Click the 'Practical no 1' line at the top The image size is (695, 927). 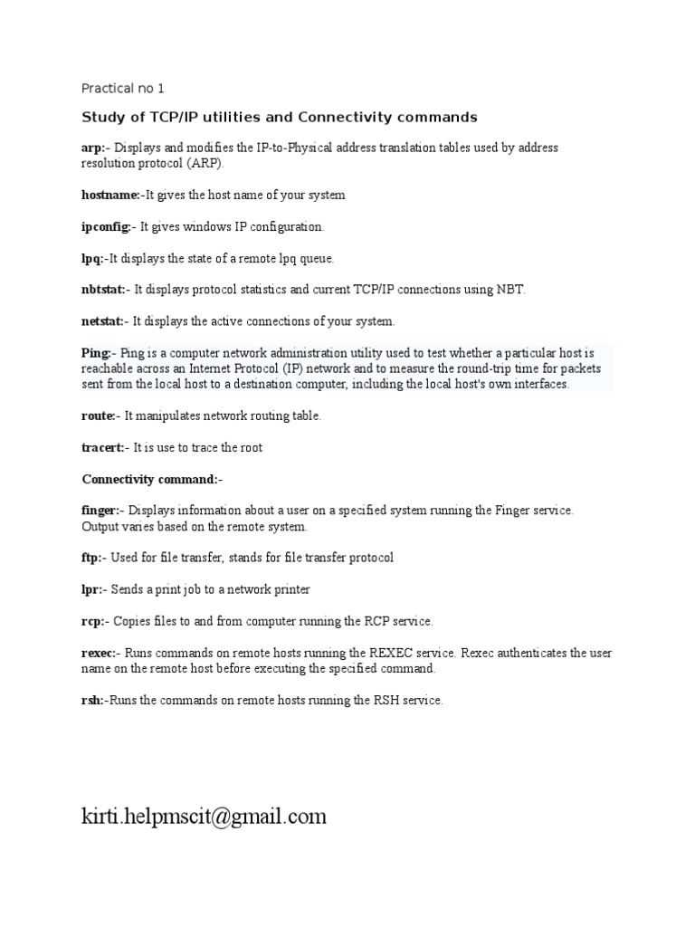pos(123,89)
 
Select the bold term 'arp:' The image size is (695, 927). pos(94,148)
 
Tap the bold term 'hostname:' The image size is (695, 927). pos(109,195)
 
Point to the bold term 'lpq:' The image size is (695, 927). pos(92,258)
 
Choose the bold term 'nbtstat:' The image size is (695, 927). pos(104,290)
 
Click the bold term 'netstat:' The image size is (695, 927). pos(103,321)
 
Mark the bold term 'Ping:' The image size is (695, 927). pos(96,352)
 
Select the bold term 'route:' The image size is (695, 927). pos(98,416)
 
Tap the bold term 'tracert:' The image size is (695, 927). pos(103,447)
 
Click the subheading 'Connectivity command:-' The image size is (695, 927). pos(152,479)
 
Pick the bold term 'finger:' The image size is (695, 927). pos(101,511)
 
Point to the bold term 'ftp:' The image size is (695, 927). pos(92,558)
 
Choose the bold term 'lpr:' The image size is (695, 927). pos(92,589)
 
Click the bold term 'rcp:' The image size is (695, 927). pos(93,621)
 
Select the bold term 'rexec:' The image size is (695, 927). pos(99,653)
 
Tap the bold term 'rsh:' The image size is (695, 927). pos(92,700)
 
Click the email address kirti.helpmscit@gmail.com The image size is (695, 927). pos(204,817)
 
